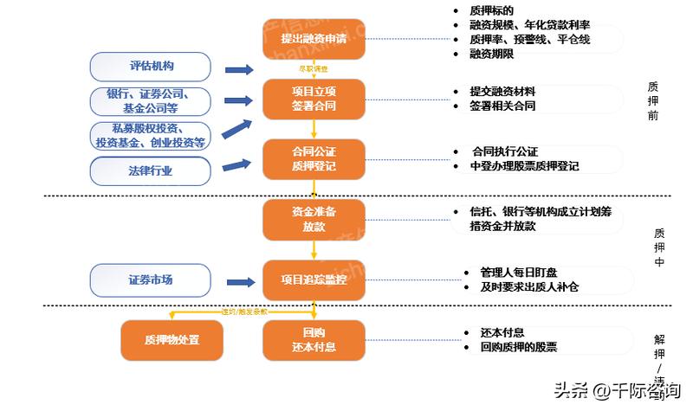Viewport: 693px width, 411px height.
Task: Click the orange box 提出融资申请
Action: (313, 40)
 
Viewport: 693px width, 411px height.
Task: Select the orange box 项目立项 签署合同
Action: (313, 98)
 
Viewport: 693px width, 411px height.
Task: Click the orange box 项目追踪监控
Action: (313, 279)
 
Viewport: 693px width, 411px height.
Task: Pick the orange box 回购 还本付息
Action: (313, 340)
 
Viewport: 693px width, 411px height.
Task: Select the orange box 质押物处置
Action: (172, 340)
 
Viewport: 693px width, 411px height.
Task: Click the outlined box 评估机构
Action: (151, 67)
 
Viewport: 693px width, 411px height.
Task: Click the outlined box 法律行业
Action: (151, 170)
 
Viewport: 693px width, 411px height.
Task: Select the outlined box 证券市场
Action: (151, 279)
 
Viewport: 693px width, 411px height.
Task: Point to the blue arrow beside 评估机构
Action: (238, 69)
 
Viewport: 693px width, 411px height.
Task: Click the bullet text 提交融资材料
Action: (502, 91)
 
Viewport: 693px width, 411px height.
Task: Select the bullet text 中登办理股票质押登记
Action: (524, 165)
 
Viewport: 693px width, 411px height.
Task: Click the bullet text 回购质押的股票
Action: (518, 346)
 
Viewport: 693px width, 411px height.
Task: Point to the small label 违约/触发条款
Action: (245, 310)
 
